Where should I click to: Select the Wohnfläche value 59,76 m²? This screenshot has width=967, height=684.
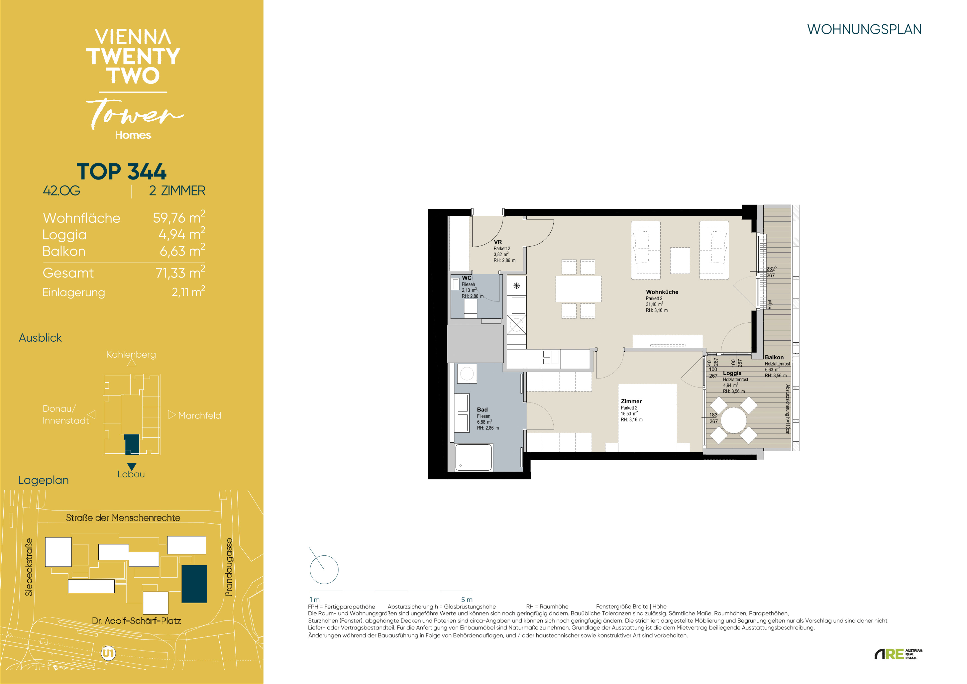[x=179, y=218]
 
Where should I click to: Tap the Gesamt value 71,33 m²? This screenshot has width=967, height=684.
[x=180, y=273]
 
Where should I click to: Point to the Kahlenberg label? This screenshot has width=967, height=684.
[x=131, y=354]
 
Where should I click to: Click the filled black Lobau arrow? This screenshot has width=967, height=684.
[x=132, y=466]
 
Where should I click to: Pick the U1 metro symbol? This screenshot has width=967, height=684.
[x=108, y=653]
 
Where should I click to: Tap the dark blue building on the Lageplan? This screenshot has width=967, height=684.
[x=194, y=584]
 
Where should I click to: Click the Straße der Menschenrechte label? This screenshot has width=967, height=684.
[x=123, y=518]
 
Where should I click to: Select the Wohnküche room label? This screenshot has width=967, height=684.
[x=662, y=292]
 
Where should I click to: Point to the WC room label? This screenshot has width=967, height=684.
[x=467, y=278]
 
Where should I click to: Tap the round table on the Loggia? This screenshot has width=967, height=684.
[x=734, y=420]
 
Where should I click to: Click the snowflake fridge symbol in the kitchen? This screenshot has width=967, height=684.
[x=516, y=286]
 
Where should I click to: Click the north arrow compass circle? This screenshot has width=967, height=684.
[x=324, y=569]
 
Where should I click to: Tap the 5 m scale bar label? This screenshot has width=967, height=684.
[x=467, y=599]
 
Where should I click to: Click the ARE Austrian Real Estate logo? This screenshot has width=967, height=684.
[x=898, y=654]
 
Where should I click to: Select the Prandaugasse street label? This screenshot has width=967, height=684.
[x=228, y=567]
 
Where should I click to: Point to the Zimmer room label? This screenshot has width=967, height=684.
[x=631, y=401]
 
